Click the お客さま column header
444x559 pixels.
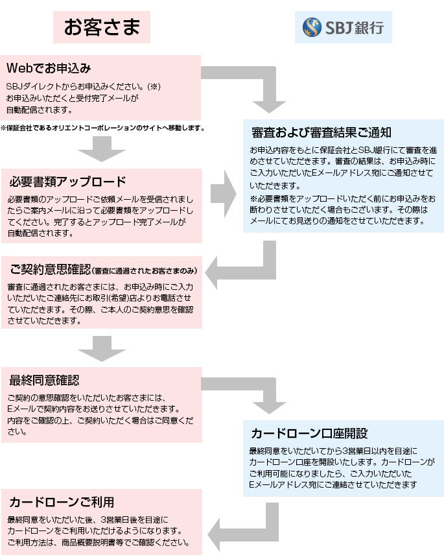pyautogui.click(x=102, y=27)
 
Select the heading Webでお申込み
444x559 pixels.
pyautogui.click(x=49, y=68)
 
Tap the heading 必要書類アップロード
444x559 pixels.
pyautogui.click(x=67, y=181)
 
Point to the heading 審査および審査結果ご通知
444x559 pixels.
pyautogui.click(x=321, y=132)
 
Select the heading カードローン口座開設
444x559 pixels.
pyautogui.click(x=309, y=433)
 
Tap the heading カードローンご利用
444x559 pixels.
pyautogui.click(x=62, y=502)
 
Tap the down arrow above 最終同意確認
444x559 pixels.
pyautogui.click(x=101, y=350)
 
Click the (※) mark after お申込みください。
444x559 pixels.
pyautogui.click(x=154, y=86)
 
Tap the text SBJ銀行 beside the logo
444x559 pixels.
pyautogui.click(x=354, y=29)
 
